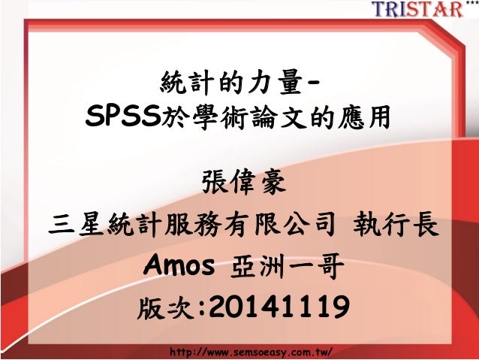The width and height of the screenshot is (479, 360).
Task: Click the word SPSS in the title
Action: (x=125, y=117)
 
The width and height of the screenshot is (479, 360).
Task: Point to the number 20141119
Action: (x=277, y=307)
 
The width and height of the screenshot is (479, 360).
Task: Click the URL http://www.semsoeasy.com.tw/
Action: (x=252, y=351)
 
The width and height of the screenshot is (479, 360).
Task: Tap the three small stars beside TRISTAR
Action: (x=471, y=4)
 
